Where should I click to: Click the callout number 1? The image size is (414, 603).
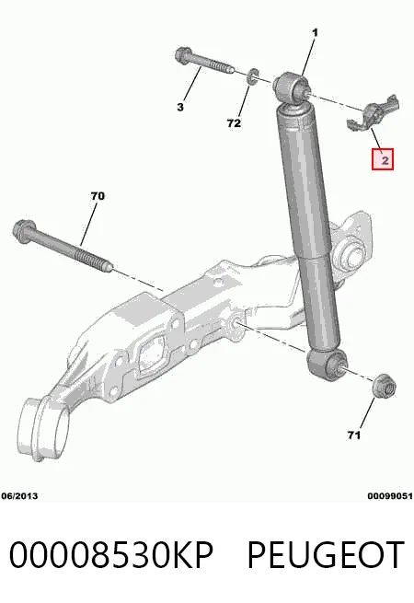[x=316, y=33]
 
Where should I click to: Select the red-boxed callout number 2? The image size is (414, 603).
[x=383, y=159]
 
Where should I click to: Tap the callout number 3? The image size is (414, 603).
[x=180, y=107]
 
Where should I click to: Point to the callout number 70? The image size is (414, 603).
[x=98, y=196]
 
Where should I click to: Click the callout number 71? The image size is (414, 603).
[x=353, y=435]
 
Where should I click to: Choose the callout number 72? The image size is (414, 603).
[x=234, y=123]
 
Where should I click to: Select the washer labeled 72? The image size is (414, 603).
[x=253, y=76]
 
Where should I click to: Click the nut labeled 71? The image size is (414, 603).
[x=385, y=386]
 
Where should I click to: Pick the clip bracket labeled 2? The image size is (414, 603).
[x=373, y=112]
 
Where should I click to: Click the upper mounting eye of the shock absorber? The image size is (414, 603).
[x=292, y=87]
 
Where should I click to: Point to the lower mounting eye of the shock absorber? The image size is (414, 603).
[x=327, y=364]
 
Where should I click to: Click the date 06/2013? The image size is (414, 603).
[x=19, y=495]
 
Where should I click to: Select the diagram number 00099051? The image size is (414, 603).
[x=390, y=495]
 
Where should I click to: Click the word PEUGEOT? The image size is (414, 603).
[x=325, y=554]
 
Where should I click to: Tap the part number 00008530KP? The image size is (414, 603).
[x=111, y=554]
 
